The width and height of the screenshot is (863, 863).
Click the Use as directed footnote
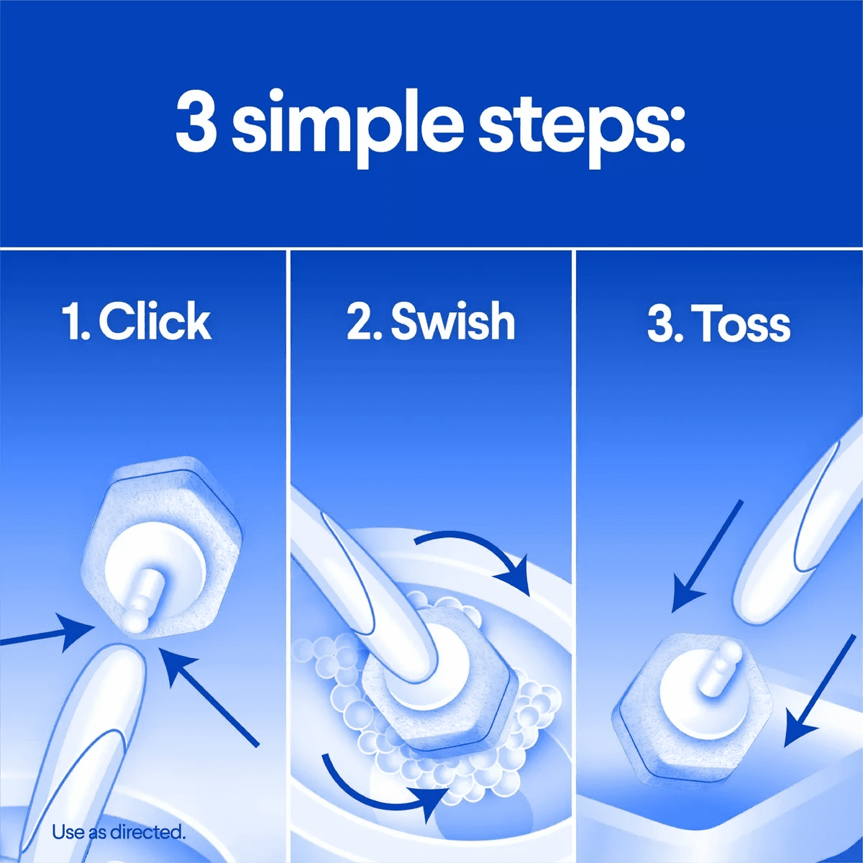coord(119,833)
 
